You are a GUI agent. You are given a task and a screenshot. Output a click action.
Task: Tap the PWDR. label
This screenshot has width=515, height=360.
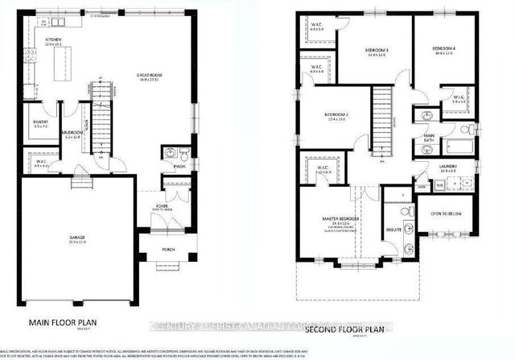pos(179,168)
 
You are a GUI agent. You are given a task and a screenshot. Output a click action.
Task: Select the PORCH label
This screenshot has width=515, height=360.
pos(168,250)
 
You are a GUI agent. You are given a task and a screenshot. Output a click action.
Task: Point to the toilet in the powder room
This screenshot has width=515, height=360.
pos(182,154)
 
